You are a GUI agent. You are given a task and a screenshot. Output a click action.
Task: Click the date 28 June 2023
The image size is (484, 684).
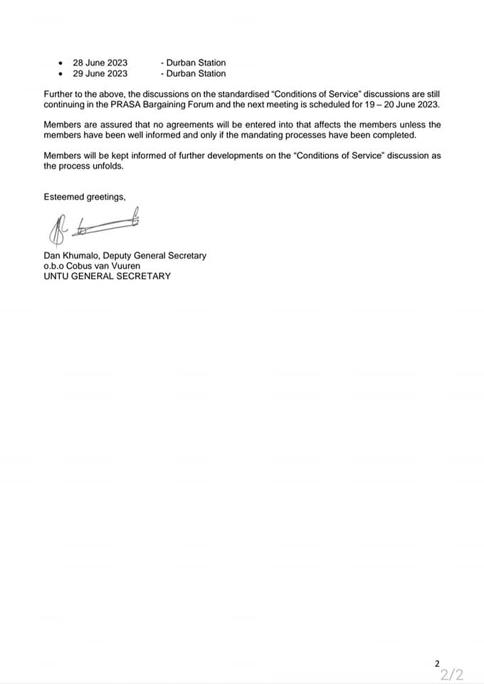(100, 63)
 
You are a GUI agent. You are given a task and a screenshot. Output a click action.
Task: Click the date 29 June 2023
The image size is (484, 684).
(100, 73)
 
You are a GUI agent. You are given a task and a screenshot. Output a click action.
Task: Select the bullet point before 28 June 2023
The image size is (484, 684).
(60, 63)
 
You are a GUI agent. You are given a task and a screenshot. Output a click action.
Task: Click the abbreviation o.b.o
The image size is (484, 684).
(55, 266)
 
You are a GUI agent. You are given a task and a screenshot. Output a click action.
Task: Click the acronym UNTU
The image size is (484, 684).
(57, 276)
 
